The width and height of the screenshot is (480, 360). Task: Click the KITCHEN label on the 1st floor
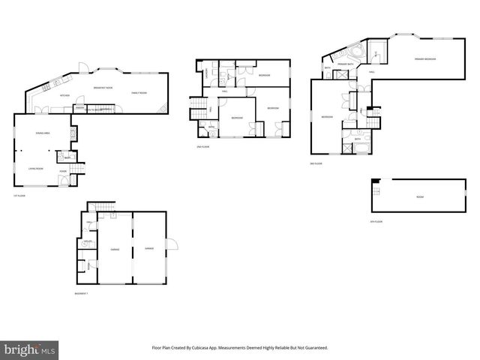pos(64,95)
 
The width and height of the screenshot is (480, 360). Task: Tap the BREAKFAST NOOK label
pos(103,88)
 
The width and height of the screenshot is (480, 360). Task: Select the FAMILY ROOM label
pos(139,92)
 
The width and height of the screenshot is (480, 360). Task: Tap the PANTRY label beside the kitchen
pos(79,108)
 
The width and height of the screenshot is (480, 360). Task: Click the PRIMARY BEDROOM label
pos(425,58)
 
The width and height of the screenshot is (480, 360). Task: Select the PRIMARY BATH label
pos(346,64)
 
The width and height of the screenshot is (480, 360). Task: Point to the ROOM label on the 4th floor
pos(419,196)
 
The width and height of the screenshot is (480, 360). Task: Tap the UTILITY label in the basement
pos(88,241)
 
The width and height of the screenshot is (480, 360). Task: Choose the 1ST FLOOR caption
pos(19,197)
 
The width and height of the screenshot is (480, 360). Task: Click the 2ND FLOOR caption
pos(202,146)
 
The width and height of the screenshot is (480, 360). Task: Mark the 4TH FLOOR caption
pos(378,222)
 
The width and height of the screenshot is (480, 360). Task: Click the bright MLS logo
pos(30,349)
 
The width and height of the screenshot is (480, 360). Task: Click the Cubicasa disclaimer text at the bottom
pos(240,348)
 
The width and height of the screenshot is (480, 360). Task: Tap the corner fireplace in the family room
pos(165,110)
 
